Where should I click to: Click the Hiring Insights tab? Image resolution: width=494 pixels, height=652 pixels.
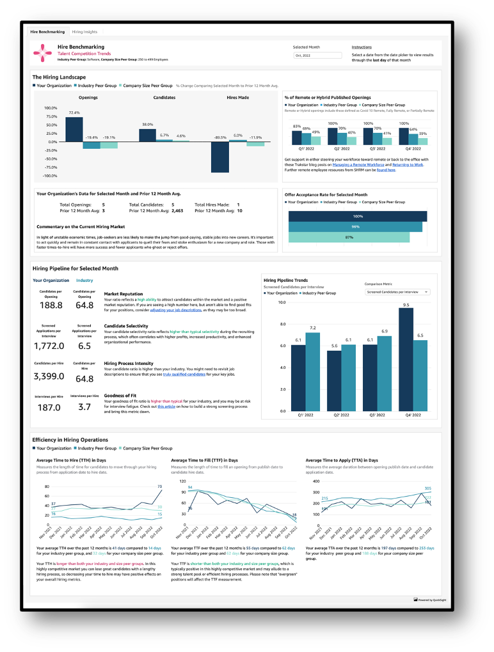[x=84, y=31]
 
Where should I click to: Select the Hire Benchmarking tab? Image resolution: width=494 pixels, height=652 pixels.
[x=48, y=31]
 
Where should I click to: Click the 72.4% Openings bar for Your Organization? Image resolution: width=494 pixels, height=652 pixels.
[x=74, y=129]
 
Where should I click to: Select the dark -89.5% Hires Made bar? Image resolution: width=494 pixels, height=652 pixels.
[x=220, y=157]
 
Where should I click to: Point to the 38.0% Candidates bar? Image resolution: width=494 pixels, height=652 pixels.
[x=147, y=135]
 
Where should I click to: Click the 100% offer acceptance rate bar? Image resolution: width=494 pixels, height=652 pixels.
[x=356, y=216]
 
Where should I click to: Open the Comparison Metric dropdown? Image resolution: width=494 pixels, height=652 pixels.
[x=397, y=291]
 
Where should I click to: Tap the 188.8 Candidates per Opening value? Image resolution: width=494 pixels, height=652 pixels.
[x=51, y=306]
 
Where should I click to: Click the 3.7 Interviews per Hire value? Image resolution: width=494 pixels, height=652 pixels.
[x=85, y=407]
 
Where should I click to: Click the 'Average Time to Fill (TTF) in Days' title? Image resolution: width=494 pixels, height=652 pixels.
[x=204, y=460]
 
